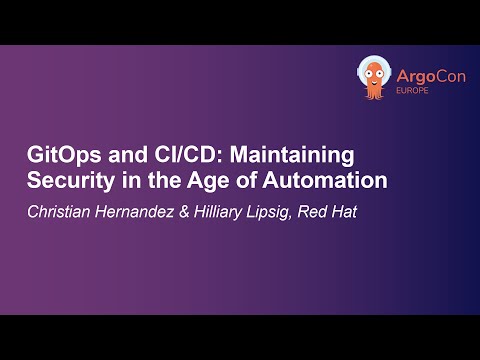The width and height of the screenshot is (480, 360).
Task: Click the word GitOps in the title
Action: click(57, 159)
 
